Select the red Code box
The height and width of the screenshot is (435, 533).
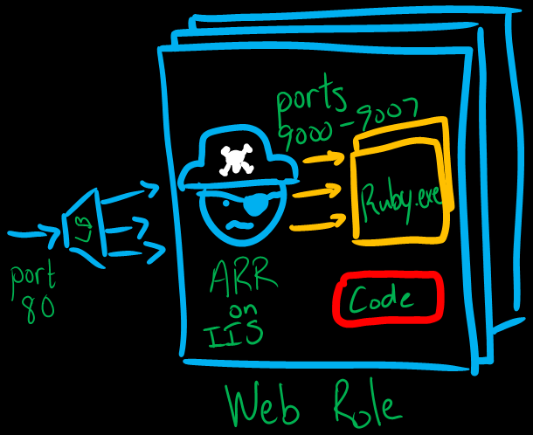coord(387,300)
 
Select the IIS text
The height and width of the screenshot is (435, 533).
coord(235,335)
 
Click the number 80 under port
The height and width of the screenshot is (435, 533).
coord(40,307)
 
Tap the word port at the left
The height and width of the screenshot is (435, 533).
coord(32,278)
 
